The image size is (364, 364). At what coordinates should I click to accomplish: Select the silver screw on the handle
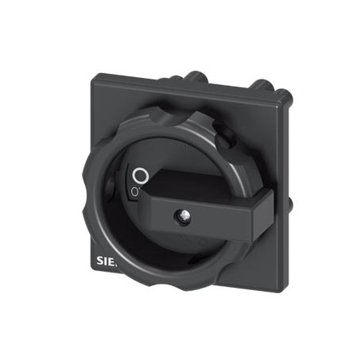point(182,215)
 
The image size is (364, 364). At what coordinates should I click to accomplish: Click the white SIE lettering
point(106,261)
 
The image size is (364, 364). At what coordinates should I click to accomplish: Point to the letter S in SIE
point(99,261)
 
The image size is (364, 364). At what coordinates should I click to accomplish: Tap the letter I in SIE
point(106,261)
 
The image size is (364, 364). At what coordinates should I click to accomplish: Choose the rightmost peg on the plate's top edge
point(261,87)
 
